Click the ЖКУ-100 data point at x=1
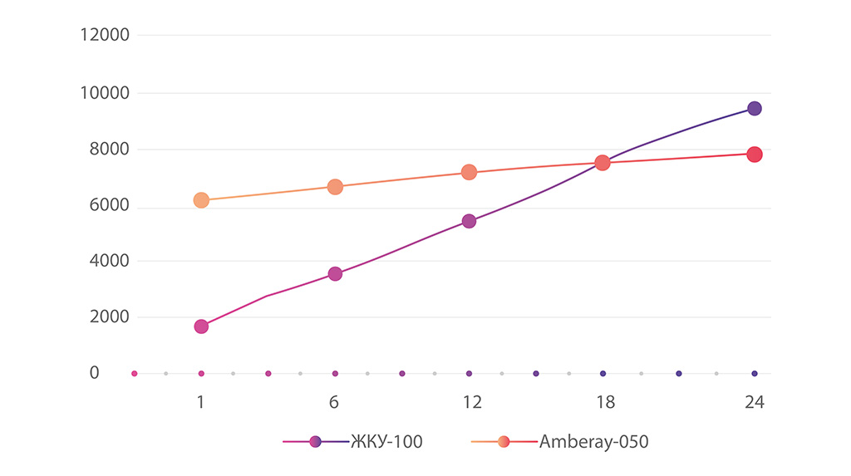201,326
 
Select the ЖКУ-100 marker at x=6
335,274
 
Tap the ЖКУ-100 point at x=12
469,221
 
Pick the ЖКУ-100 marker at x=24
755,109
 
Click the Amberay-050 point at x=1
201,200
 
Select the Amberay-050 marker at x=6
335,187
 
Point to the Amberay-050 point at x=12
469,173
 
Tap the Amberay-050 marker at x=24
755,155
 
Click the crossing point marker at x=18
603,163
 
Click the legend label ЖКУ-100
386,442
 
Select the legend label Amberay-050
594,442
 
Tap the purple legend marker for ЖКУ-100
315,442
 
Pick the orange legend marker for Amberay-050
504,442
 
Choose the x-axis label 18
605,402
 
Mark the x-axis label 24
754,402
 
